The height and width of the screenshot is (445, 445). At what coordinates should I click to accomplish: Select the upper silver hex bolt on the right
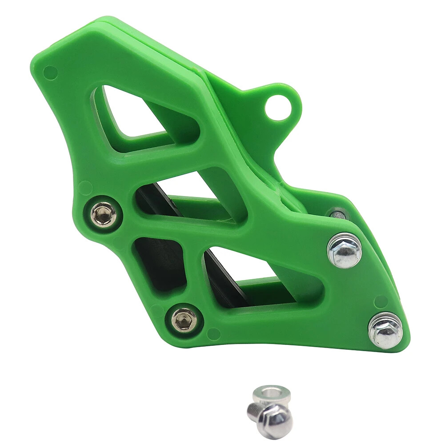[345, 250]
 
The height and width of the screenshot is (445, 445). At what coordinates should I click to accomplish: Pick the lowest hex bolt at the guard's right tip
[385, 331]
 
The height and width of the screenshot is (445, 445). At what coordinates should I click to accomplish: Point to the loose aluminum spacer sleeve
[271, 393]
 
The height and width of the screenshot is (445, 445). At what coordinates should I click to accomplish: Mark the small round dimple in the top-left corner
[50, 72]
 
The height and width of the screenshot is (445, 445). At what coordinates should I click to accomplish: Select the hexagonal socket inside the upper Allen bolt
[104, 215]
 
